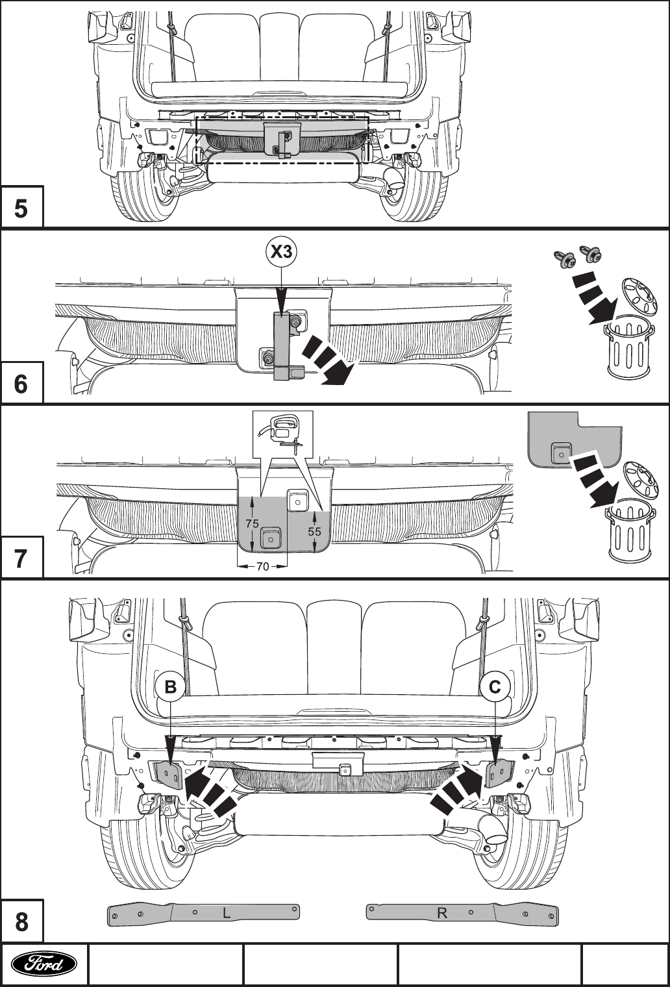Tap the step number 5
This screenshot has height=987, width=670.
[x=21, y=208]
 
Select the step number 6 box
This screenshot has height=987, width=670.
[x=21, y=382]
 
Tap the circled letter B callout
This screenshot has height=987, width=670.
[x=170, y=686]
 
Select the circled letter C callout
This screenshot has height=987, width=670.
[x=495, y=686]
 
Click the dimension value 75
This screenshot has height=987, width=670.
[x=253, y=524]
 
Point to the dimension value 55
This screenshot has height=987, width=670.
[x=314, y=531]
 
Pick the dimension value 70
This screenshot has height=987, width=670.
[x=262, y=567]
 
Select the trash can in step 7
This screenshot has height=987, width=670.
[x=631, y=532]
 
